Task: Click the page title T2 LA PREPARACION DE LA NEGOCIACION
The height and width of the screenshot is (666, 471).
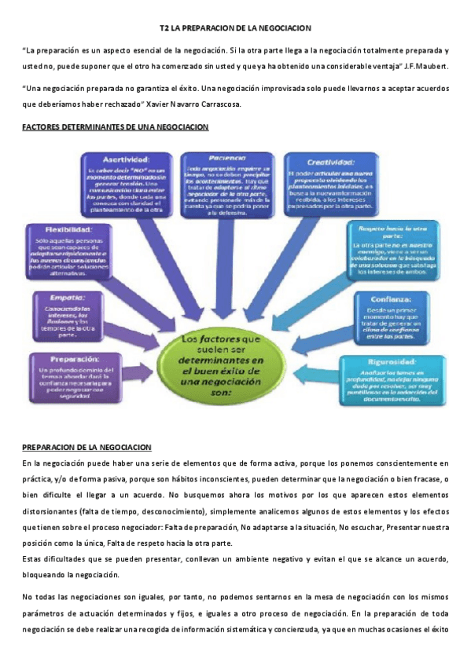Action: [x=235, y=27]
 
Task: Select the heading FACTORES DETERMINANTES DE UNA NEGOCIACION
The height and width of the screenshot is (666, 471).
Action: [x=115, y=126]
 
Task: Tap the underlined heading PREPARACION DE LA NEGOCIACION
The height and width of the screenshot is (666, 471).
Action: [x=86, y=447]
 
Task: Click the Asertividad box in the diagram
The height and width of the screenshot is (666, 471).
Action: [x=127, y=182]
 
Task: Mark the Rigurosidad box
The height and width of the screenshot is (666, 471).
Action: [x=390, y=380]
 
